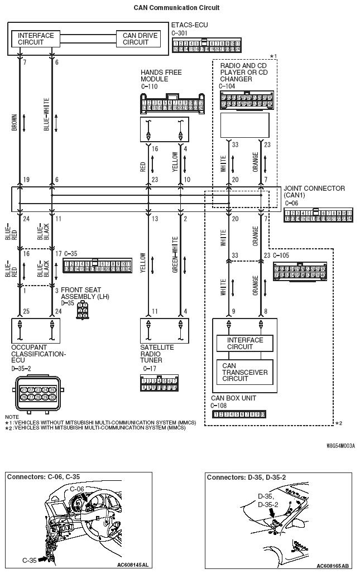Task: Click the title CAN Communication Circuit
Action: pos(176,8)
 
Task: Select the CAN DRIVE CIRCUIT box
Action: pos(140,39)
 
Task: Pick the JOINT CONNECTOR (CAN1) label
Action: pos(314,192)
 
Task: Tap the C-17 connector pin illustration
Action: pos(159,383)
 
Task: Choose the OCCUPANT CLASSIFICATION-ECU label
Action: pos(38,354)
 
